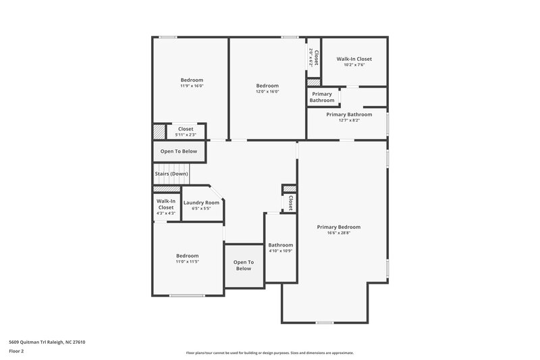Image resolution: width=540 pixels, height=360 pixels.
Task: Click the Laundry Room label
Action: pos(201,203)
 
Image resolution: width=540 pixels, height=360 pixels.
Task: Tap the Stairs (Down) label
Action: pos(171,174)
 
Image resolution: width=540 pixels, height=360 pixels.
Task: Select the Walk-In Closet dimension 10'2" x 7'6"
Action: pos(354,66)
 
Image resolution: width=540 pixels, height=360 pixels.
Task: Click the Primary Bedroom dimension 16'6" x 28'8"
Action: pos(339,233)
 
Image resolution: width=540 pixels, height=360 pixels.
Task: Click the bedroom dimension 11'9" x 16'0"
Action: pos(192,86)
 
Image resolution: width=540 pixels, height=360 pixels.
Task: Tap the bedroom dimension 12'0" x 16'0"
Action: pos(267,92)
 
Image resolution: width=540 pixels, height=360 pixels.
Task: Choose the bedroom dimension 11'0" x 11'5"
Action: pos(188,261)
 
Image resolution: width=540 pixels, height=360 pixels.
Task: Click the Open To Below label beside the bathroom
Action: pos(243,265)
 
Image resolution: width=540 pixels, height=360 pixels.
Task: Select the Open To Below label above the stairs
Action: pos(179,151)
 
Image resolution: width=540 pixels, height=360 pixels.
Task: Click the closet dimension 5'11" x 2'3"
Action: pos(185,134)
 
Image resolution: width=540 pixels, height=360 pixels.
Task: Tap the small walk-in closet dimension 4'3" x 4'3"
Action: pos(165,213)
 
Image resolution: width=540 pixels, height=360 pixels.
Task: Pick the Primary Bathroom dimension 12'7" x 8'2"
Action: pos(348,121)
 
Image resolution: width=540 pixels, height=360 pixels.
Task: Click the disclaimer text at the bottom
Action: pos(269,353)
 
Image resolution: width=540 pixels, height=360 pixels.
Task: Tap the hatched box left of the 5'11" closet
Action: pos(159,131)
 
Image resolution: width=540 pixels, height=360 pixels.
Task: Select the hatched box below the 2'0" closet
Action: pos(313,82)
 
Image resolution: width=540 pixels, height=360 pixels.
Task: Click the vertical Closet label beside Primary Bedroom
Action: pos(290,203)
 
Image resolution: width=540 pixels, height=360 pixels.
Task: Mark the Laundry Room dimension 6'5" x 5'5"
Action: pos(201,209)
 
